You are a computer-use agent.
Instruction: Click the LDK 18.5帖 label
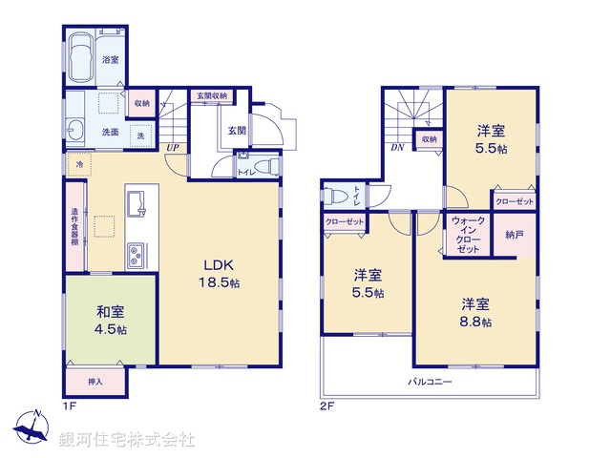(x=220, y=275)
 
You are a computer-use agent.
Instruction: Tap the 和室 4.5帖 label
(x=111, y=320)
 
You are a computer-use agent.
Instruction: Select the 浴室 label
(x=111, y=59)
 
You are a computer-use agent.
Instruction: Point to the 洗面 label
(x=111, y=132)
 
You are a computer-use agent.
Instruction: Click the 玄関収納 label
(x=212, y=96)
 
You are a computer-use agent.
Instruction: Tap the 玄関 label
(x=236, y=130)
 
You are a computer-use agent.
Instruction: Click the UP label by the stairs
(x=173, y=148)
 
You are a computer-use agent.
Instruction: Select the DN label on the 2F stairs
(x=394, y=148)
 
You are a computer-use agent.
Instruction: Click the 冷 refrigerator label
(x=78, y=165)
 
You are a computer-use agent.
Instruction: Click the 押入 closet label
(x=95, y=382)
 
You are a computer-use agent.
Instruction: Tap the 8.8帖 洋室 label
(x=476, y=313)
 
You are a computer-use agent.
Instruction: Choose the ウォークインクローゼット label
(x=468, y=234)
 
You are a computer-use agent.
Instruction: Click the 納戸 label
(x=515, y=234)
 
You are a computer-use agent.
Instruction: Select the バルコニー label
(x=431, y=381)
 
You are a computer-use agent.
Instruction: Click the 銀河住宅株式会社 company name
(x=127, y=440)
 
